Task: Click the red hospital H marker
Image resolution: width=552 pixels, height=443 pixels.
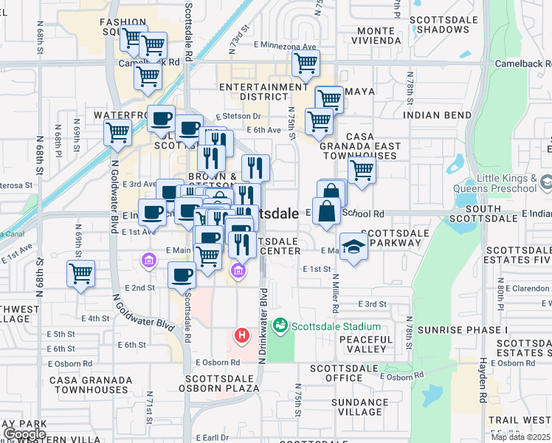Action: point(241,336)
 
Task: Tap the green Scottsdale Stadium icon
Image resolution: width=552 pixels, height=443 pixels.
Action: point(280,326)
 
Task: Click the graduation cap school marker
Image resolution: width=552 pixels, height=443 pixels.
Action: point(353,247)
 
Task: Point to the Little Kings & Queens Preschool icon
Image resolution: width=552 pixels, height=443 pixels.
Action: point(546,182)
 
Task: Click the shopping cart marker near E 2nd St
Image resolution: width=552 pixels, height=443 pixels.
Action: point(80,273)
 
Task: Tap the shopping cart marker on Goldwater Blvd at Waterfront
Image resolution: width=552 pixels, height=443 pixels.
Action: point(117,134)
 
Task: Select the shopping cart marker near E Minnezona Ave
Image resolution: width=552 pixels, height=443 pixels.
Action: point(305,64)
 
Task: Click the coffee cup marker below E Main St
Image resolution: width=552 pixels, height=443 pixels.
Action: point(182,275)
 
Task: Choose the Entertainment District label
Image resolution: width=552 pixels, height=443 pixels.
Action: point(263,92)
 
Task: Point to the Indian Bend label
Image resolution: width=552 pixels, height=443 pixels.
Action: point(438,115)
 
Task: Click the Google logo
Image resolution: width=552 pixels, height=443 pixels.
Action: point(24,434)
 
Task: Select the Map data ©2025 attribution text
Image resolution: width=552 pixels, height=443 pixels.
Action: point(521,437)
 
